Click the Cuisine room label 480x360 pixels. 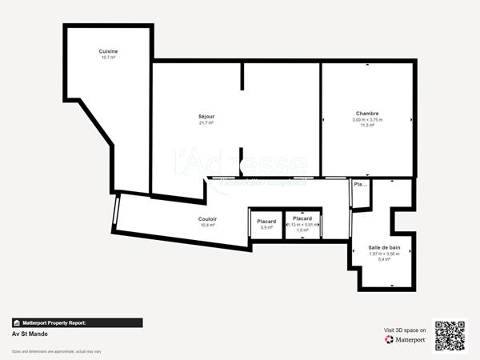point(108,51)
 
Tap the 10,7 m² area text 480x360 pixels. point(108,58)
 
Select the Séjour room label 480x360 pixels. point(206,117)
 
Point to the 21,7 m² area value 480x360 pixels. point(206,123)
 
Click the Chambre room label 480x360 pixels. point(367,114)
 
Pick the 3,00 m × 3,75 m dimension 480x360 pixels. point(367,120)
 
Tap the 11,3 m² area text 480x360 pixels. point(367,126)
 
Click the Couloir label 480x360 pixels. point(207,218)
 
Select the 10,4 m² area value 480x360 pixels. point(207,225)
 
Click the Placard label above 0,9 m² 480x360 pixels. point(266,221)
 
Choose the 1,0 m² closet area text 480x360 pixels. point(302,230)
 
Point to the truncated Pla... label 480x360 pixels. point(360,184)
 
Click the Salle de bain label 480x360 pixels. point(384,248)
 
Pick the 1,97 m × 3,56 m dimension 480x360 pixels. point(384,254)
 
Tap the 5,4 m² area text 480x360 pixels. point(384,260)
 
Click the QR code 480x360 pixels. point(449,335)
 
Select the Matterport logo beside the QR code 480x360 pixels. point(405,339)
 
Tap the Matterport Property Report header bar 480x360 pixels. point(77,323)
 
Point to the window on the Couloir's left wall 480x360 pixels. point(117,212)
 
